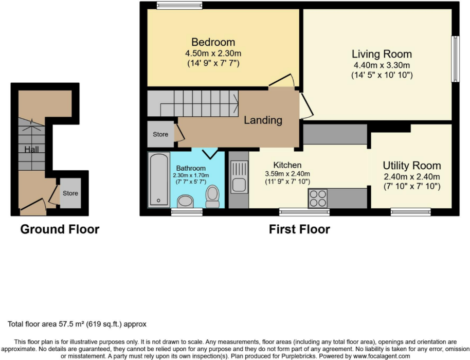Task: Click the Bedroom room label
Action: pyautogui.click(x=213, y=42)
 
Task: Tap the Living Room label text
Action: pyautogui.click(x=382, y=54)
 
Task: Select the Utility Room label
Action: pyautogui.click(x=411, y=166)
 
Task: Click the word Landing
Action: pyautogui.click(x=263, y=120)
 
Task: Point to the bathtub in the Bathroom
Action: pyautogui.click(x=158, y=179)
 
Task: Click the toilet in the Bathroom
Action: pyautogui.click(x=212, y=195)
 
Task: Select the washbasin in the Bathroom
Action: pyautogui.click(x=184, y=201)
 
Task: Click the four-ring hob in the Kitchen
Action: pyautogui.click(x=318, y=199)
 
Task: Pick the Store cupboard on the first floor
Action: pyautogui.click(x=160, y=135)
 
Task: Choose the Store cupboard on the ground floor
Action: pyautogui.click(x=70, y=193)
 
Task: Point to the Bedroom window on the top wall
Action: pyautogui.click(x=179, y=6)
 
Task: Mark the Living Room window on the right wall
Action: pyautogui.click(x=455, y=59)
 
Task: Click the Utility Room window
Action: pyautogui.click(x=410, y=211)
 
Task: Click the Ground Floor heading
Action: pyautogui.click(x=60, y=229)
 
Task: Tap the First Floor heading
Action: pyautogui.click(x=299, y=229)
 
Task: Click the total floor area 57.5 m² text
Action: pyautogui.click(x=77, y=325)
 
